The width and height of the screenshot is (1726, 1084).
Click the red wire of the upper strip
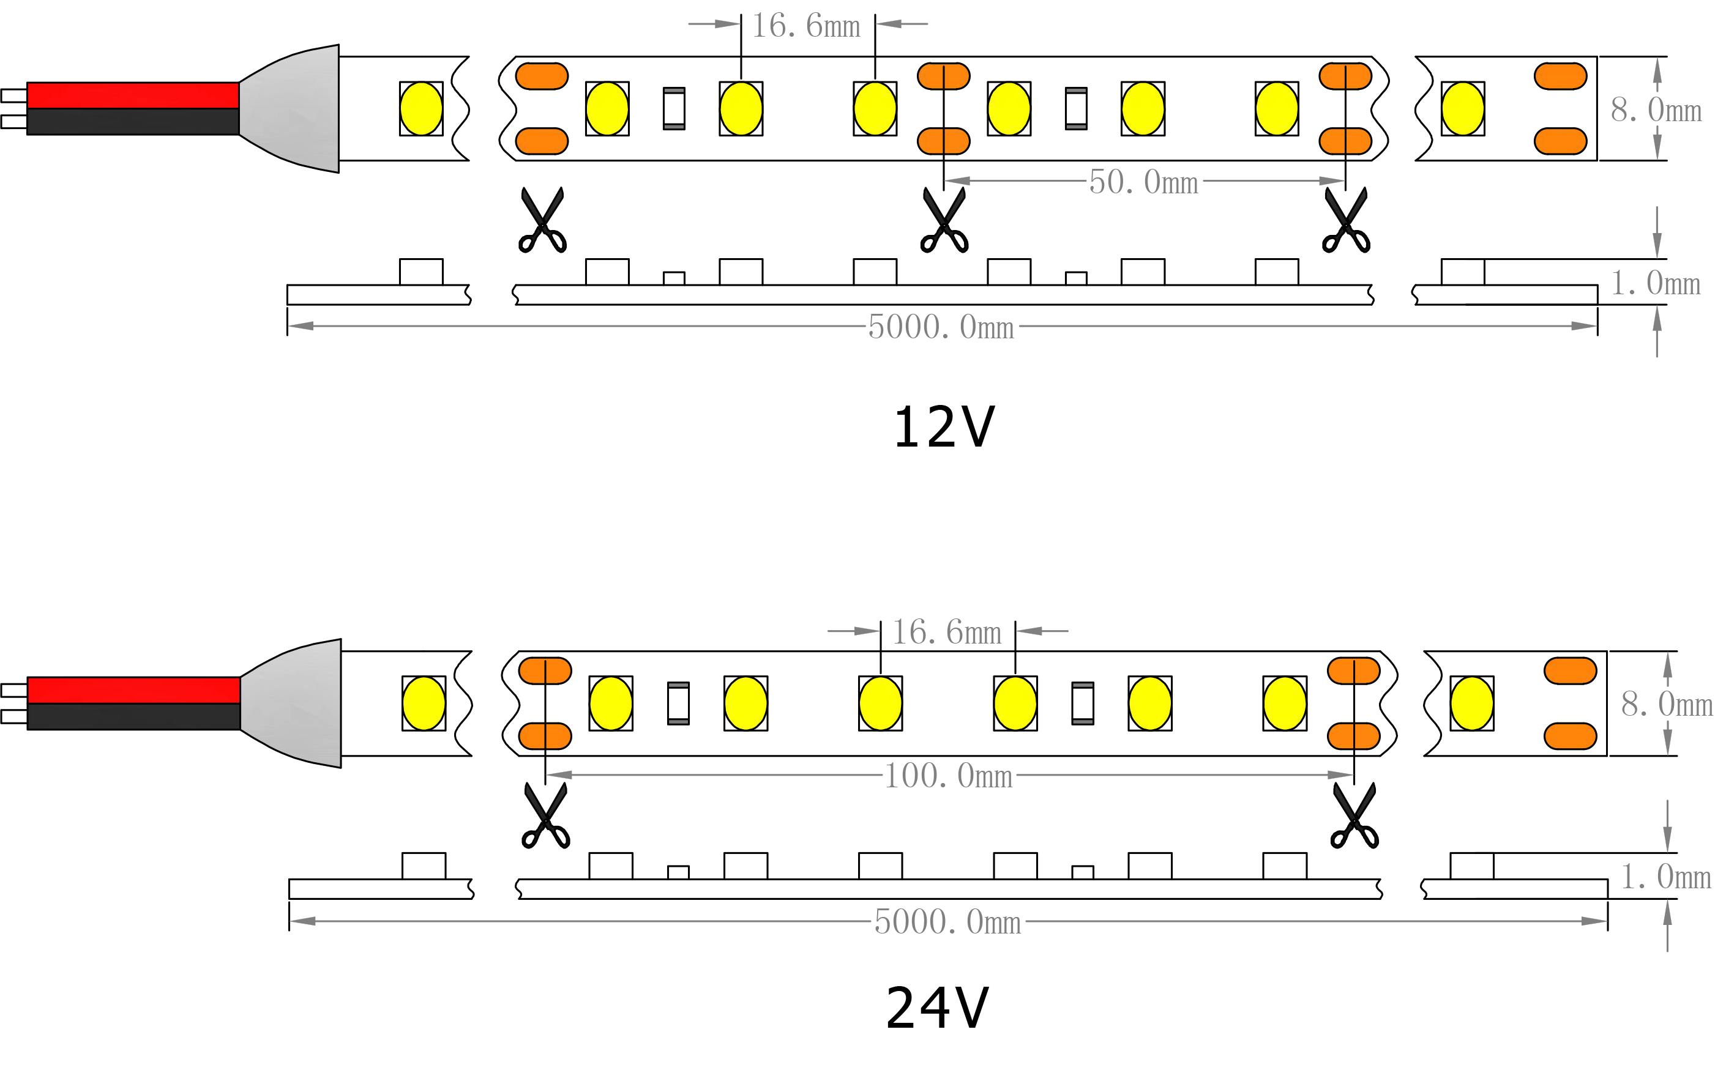click(133, 95)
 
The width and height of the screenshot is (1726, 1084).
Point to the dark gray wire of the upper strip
click(133, 122)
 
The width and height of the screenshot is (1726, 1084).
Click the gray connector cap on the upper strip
click(301, 109)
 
